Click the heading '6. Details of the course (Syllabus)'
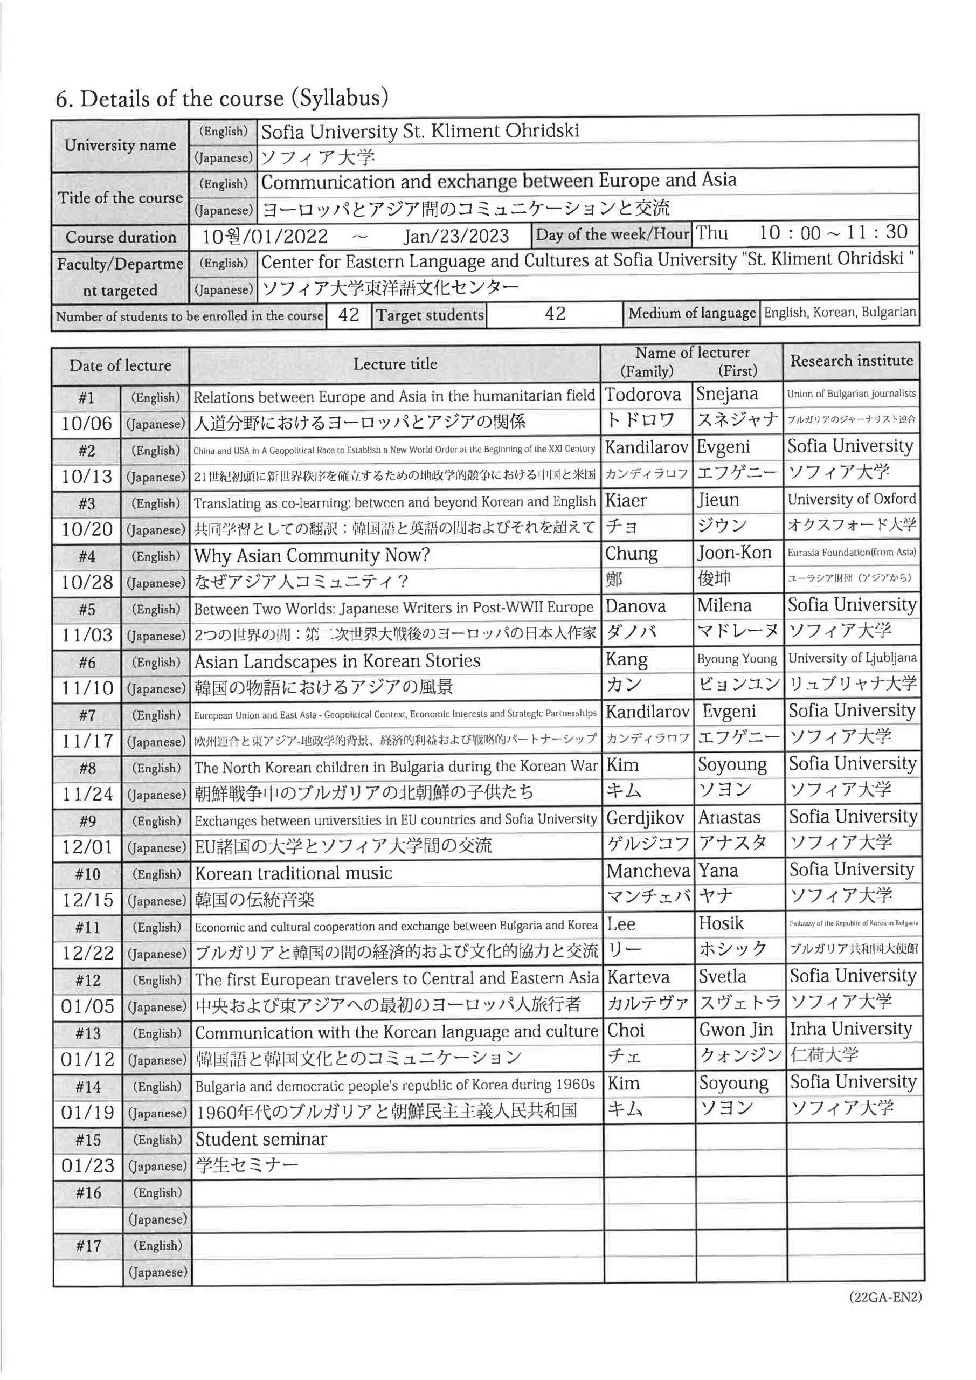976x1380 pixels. (221, 98)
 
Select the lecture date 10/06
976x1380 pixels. (87, 424)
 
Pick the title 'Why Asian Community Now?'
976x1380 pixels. (312, 555)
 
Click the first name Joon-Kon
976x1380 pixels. (734, 553)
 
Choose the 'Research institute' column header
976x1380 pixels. (851, 361)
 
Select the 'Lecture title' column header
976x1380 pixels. (395, 364)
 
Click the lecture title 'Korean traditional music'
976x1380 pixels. (293, 873)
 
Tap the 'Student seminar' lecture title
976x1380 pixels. (261, 1139)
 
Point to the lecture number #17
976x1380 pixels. (88, 1246)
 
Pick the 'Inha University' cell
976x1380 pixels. (850, 1029)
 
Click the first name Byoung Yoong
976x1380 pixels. (737, 659)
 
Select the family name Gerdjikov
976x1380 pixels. (645, 817)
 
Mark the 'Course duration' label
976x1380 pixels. (120, 237)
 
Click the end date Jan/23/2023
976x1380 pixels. (456, 236)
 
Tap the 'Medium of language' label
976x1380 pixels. (692, 313)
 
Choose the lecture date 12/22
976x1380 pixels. (87, 953)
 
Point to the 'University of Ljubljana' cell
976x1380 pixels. (852, 658)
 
